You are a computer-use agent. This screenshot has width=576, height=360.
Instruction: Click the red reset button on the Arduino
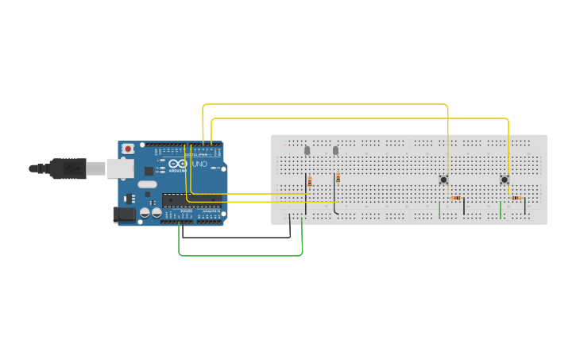click(128, 149)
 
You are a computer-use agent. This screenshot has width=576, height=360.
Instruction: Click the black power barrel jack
click(124, 214)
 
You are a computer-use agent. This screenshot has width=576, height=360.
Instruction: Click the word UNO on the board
click(199, 165)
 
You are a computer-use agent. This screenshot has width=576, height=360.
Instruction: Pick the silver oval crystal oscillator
click(148, 184)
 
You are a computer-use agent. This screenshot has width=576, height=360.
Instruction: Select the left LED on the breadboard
click(307, 150)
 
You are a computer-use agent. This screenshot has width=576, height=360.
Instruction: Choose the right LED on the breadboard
click(335, 150)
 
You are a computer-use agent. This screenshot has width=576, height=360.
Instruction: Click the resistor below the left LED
click(310, 182)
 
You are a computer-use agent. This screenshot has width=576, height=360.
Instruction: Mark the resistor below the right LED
click(338, 178)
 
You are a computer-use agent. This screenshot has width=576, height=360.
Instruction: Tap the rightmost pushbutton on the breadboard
click(504, 180)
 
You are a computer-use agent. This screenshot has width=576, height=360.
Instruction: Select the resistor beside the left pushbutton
click(455, 198)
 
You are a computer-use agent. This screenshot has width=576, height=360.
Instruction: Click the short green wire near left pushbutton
click(439, 210)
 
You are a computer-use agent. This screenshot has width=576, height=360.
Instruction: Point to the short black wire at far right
click(524, 207)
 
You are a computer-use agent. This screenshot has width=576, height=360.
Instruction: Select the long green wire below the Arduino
click(238, 255)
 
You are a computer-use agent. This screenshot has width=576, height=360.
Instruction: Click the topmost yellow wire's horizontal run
click(326, 104)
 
